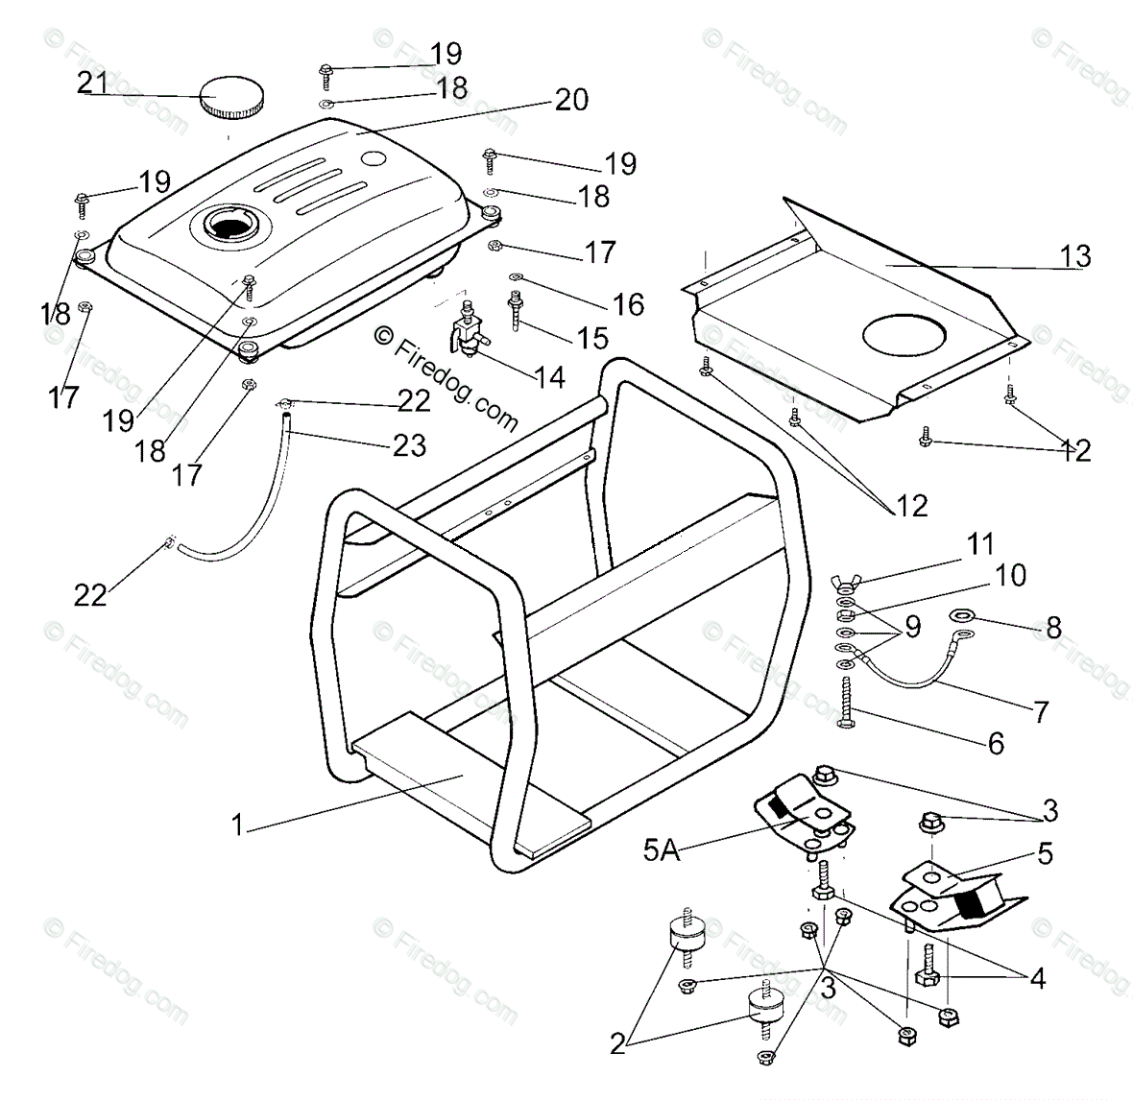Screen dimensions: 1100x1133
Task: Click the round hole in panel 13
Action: coord(905,334)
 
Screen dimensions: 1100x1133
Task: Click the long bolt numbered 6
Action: coord(847,703)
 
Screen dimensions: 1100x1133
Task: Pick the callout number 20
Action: coord(571,100)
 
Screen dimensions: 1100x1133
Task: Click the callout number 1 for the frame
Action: coord(237,825)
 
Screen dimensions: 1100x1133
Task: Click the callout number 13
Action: coord(1076,256)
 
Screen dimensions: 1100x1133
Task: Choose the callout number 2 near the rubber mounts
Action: coord(617,1044)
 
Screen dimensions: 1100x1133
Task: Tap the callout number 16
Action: coord(628,304)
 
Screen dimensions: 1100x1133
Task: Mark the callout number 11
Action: coord(980,543)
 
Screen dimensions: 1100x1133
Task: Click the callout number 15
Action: coord(592,337)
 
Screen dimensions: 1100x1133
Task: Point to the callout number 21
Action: coord(93,84)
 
